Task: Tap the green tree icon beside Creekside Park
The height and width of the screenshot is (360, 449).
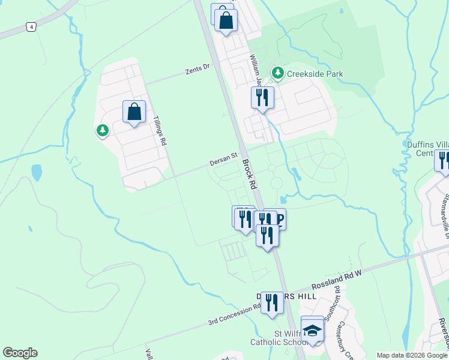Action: pos(277,73)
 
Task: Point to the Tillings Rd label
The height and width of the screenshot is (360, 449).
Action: pos(160,131)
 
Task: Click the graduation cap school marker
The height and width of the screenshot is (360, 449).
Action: pos(312,330)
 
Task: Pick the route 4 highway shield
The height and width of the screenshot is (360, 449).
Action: pos(31,27)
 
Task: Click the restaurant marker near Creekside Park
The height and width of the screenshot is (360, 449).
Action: pos(262,98)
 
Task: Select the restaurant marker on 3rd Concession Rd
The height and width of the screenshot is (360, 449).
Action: pos(272,303)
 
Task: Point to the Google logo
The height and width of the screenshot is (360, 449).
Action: pos(20,353)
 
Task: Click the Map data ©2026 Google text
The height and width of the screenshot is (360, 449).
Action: pos(412,355)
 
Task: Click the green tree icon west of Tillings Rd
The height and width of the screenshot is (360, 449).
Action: pos(103,130)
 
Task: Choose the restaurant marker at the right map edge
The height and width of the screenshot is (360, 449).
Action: pos(444,161)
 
